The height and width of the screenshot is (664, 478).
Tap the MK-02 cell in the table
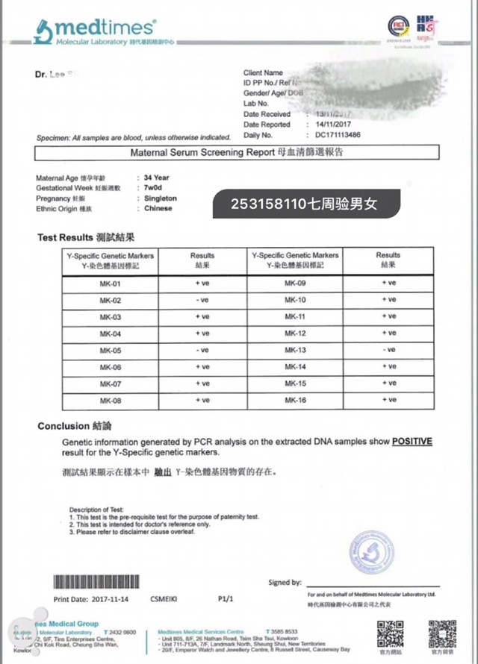point(110,300)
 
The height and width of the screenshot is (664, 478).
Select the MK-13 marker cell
point(296,350)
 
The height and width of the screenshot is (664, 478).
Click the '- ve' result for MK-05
point(202,350)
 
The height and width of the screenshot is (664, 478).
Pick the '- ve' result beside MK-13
point(388,350)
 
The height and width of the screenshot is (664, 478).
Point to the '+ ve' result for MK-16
point(388,400)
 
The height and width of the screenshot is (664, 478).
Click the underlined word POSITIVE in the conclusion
point(412,442)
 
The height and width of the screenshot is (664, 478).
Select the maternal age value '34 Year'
point(157,178)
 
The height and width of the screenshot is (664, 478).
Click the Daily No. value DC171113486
point(338,135)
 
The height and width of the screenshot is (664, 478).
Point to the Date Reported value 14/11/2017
point(334,125)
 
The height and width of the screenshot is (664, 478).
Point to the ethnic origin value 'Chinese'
point(158,209)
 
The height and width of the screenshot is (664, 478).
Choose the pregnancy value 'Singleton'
point(160,198)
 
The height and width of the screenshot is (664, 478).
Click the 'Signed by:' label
point(285,583)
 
